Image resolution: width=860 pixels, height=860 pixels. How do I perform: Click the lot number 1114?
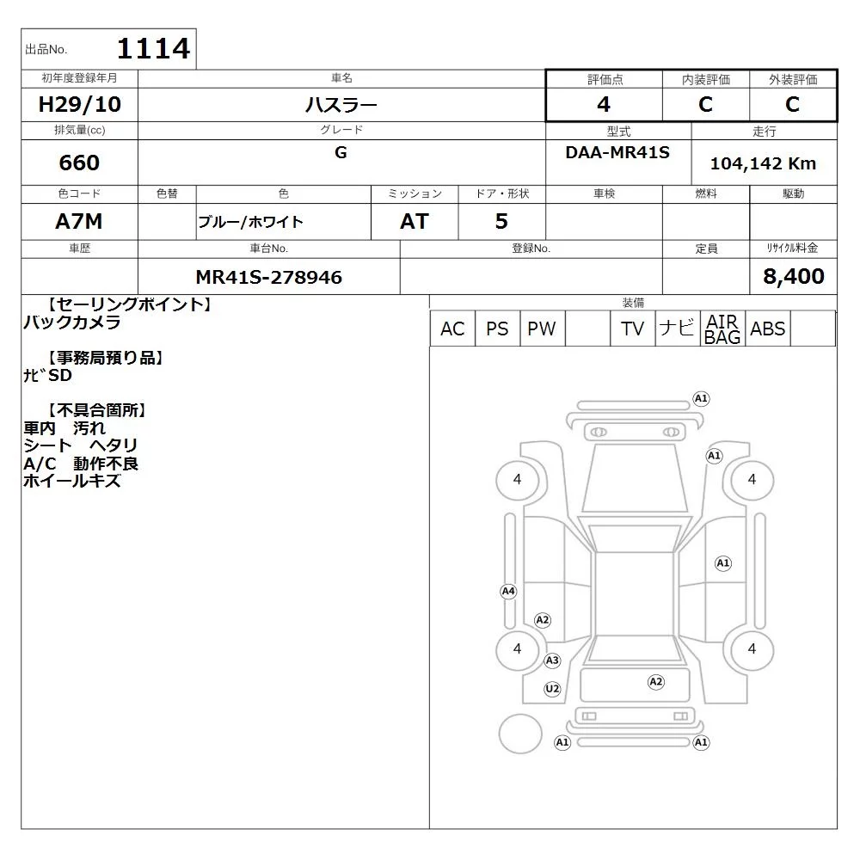[x=154, y=48]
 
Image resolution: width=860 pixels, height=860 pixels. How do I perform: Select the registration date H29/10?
[x=79, y=104]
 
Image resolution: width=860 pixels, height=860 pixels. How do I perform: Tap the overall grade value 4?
[x=604, y=104]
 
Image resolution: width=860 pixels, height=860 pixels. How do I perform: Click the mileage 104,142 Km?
[x=763, y=163]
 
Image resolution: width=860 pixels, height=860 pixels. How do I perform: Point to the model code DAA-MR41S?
[x=617, y=152]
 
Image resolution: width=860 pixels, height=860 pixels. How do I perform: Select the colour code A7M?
[x=79, y=222]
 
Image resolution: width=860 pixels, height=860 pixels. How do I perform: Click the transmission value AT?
[x=415, y=222]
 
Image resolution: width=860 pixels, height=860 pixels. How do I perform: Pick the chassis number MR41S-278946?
[x=268, y=278]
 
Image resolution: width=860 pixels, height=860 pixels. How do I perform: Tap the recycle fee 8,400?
[x=794, y=276]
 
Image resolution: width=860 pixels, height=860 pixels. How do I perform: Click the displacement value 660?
[x=79, y=163]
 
